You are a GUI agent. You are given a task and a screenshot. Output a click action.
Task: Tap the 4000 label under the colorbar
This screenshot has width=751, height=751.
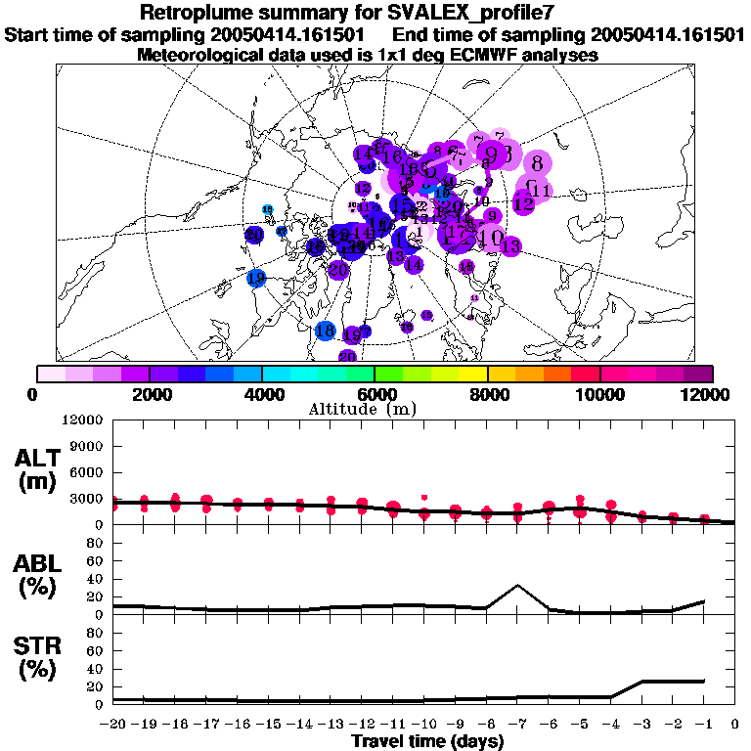[261, 394]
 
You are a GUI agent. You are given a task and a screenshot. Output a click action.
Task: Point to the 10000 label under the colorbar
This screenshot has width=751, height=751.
[599, 394]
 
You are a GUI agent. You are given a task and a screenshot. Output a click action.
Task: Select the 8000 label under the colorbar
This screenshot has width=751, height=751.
[487, 394]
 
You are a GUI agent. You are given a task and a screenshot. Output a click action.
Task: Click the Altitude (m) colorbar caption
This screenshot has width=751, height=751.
[375, 409]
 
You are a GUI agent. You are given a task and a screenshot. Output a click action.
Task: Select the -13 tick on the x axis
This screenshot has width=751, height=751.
[329, 725]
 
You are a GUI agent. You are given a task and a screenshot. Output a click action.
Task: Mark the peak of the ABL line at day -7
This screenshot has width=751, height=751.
[518, 586]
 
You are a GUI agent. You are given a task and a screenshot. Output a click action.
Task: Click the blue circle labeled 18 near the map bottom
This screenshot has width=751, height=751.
[326, 331]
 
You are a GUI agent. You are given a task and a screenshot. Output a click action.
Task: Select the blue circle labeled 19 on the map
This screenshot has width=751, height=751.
[256, 279]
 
